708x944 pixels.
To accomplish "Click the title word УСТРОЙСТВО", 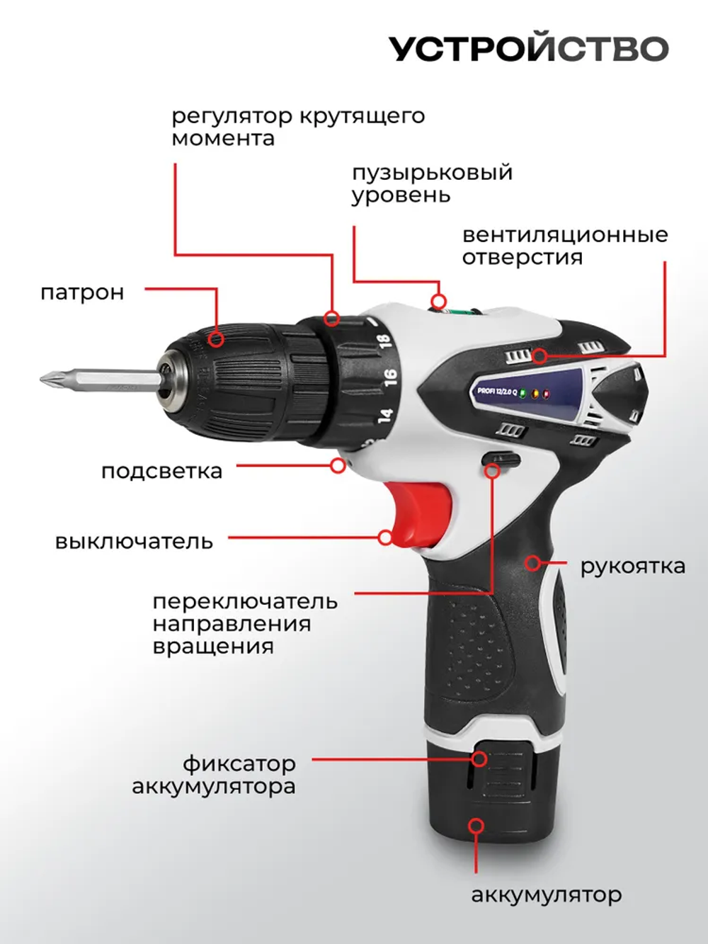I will pos(528,49).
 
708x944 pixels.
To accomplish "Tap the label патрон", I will pos(82,292).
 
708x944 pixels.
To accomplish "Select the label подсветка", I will pos(161,471).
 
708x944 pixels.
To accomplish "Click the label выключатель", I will pos(134,542).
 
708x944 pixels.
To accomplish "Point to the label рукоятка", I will pos(632,567).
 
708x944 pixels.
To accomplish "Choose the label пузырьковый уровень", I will pos(432,183).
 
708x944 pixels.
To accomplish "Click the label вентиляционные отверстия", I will pos(564,246).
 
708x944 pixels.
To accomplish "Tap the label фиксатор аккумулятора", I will pos(214,775).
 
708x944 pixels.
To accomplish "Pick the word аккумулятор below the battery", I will pos(546,895).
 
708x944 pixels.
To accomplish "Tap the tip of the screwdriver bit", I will pos(45,378).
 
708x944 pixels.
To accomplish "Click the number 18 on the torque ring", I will pos(383,341).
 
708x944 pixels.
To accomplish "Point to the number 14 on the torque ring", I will pos(385,415).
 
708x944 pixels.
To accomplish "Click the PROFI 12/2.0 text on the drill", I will pos(497,391).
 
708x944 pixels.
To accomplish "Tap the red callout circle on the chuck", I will pos(217,339).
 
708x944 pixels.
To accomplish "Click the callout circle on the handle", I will pos(532,563).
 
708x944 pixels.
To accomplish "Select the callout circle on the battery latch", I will pos(479,759).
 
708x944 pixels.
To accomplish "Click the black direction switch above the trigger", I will pos(500,459).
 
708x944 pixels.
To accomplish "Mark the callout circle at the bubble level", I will pos(439,300).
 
